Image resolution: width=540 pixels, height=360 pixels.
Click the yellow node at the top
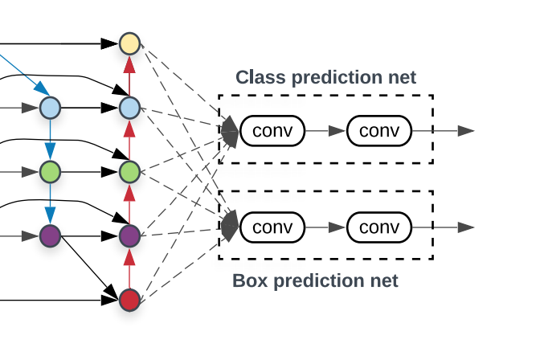129,43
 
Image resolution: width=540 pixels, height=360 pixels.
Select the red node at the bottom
129,300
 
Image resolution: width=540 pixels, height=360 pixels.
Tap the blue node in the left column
50,106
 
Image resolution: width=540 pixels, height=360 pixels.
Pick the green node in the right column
129,171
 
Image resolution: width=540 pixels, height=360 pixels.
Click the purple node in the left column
50,236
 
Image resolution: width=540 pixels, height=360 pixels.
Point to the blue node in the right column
129,106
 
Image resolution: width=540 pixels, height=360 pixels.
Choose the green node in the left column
50,171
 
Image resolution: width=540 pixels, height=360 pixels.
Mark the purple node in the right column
129,236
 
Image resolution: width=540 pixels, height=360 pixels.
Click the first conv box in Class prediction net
272,130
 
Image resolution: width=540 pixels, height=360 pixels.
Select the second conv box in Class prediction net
379,130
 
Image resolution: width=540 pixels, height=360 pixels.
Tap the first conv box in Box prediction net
272,227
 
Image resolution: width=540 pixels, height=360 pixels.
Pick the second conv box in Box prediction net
379,227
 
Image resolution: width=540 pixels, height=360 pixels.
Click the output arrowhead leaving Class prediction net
466,130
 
